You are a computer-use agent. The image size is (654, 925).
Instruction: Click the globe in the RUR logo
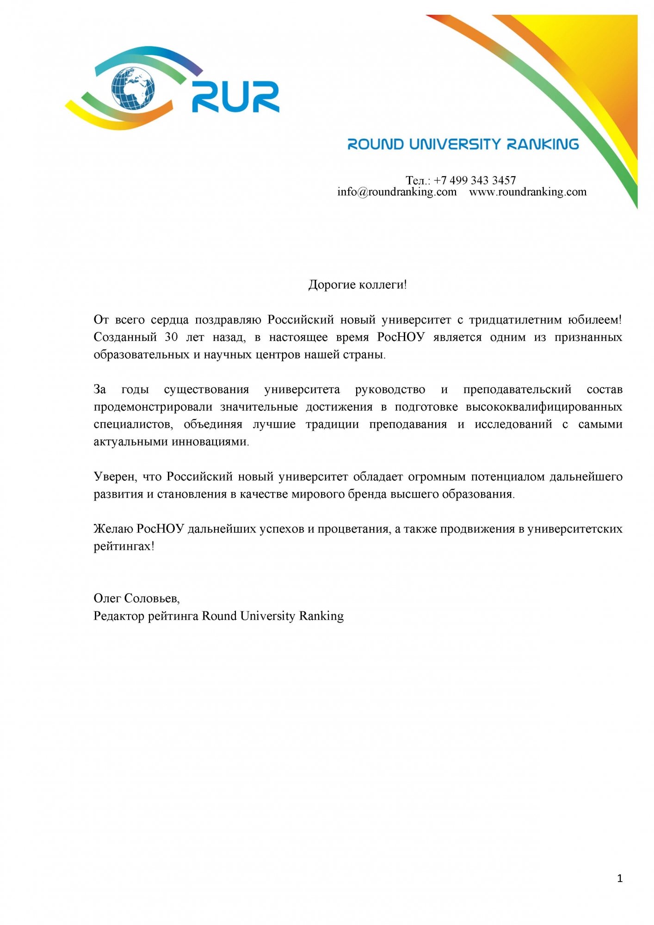133,88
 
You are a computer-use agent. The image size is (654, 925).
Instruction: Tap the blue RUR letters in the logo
235,97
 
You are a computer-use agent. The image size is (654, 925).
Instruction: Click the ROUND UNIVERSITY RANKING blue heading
463,144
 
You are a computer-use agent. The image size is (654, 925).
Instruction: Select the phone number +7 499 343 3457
475,180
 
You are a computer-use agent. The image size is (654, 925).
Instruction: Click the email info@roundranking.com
397,192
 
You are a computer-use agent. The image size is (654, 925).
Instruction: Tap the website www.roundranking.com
528,192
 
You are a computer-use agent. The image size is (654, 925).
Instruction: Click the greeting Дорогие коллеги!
358,284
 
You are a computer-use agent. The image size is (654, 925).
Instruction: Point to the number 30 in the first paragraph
171,337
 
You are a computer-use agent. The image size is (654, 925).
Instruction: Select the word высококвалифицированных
544,407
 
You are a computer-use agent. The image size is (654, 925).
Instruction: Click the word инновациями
210,442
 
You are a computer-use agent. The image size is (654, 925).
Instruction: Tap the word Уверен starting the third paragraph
115,476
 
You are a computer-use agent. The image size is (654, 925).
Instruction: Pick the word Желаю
113,529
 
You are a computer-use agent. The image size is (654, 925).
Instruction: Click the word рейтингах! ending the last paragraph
124,546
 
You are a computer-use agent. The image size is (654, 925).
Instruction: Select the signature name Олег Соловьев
136,598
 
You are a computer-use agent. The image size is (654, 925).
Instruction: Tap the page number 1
620,878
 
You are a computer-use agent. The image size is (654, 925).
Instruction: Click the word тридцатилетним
515,320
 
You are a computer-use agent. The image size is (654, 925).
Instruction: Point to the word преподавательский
517,389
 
